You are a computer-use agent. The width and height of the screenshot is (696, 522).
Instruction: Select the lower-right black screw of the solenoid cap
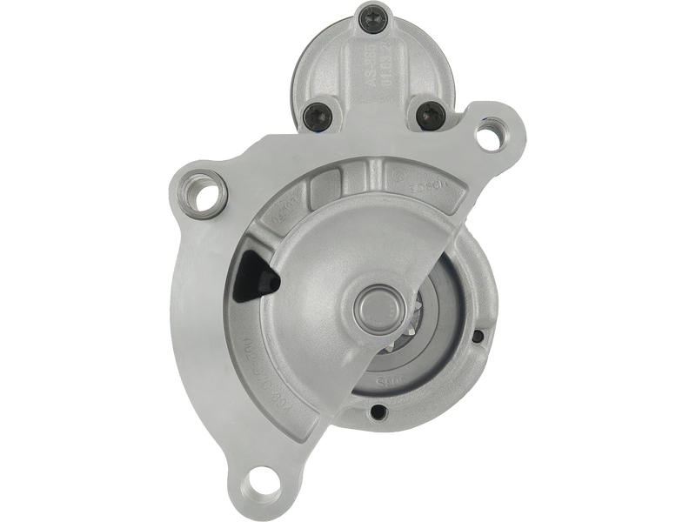click(x=426, y=112)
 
